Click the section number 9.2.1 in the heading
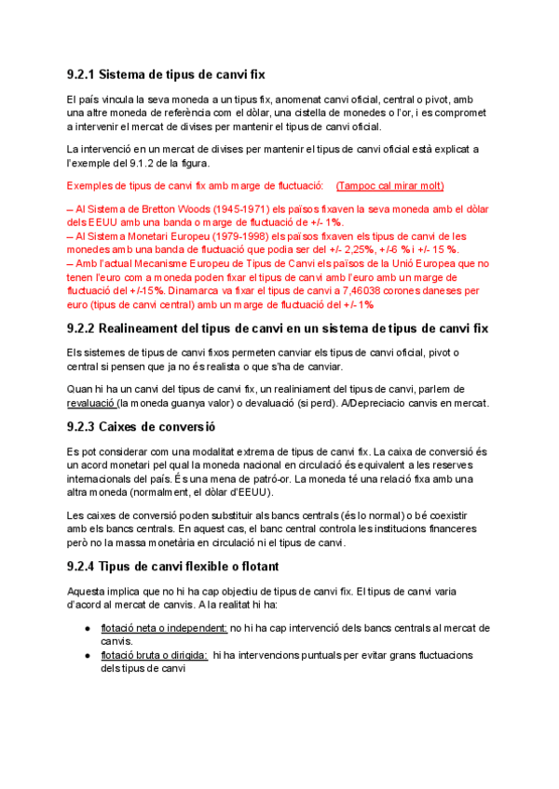point(80,74)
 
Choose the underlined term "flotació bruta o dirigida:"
point(154,654)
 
